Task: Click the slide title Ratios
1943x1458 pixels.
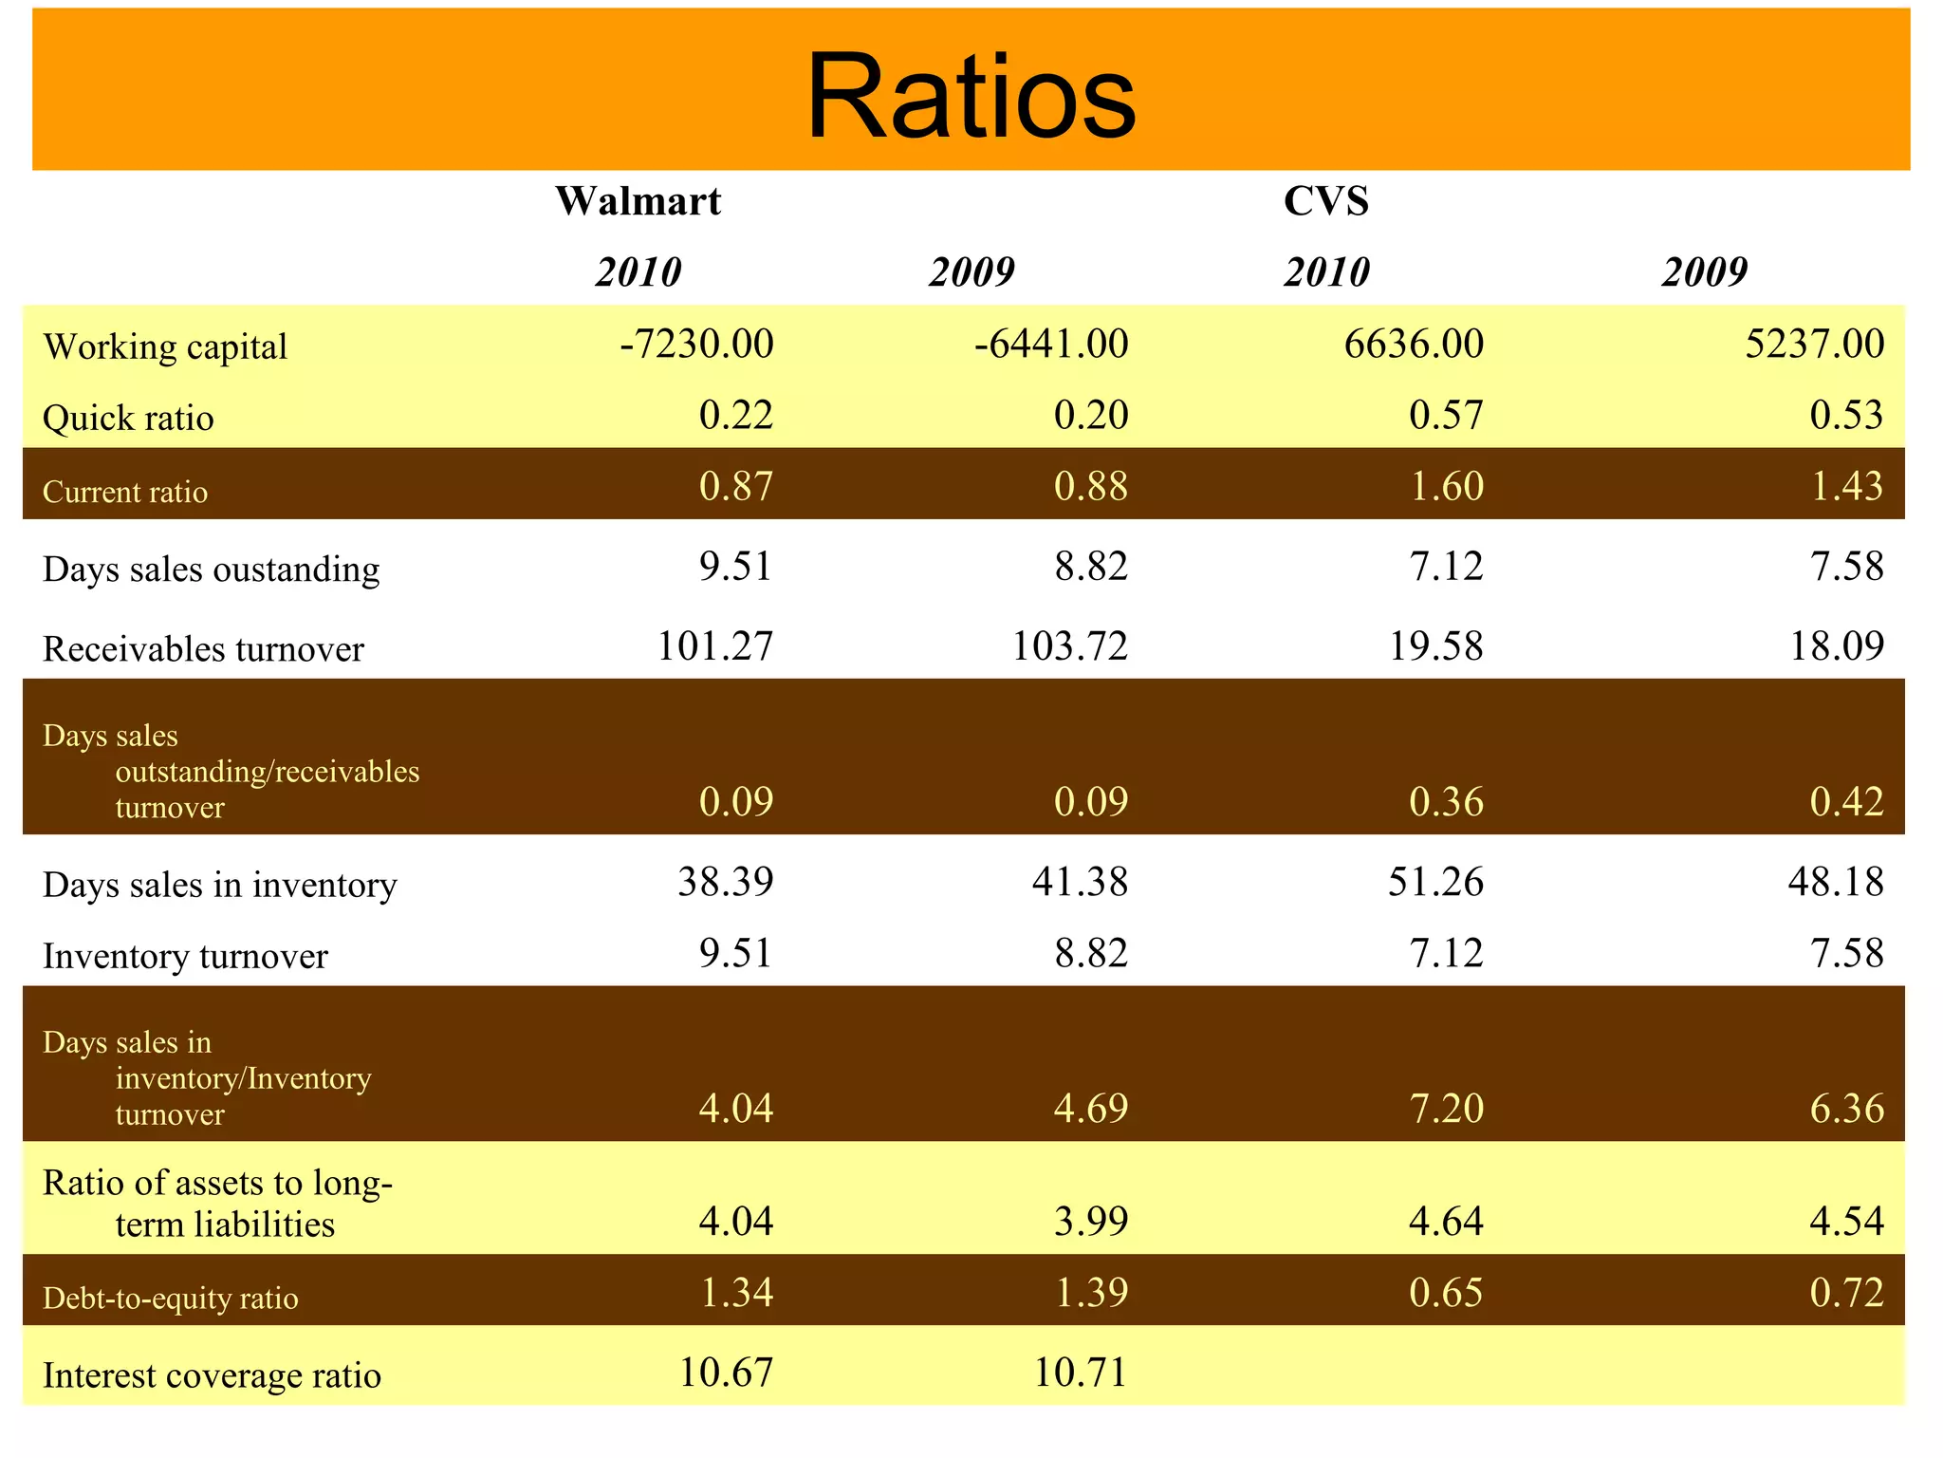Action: [x=971, y=97]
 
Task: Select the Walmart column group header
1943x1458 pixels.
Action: [x=638, y=201]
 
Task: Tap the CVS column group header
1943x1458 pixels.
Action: [x=1326, y=201]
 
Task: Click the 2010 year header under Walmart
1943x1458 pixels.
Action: [x=638, y=272]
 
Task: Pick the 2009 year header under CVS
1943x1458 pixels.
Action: [x=1705, y=272]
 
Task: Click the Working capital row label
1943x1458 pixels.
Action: [x=165, y=347]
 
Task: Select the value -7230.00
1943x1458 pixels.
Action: [x=696, y=344]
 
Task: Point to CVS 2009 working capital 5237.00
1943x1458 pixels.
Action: [x=1814, y=344]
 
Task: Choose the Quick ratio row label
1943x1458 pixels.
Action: [x=129, y=419]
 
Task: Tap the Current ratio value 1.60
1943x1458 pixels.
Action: [x=1447, y=486]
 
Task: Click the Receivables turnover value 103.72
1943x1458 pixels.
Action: [x=1070, y=646]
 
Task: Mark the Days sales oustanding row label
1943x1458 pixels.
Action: [x=212, y=570]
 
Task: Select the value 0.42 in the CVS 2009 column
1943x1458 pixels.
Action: [x=1846, y=802]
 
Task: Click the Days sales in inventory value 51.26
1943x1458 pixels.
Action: [x=1435, y=882]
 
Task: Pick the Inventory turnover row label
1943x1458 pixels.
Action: [x=186, y=956]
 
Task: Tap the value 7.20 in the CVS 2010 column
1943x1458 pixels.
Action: [x=1447, y=1109]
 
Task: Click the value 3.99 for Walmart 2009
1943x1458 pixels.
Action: [x=1091, y=1221]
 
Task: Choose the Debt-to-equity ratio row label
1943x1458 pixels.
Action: [x=171, y=1299]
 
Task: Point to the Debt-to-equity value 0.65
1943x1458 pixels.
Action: [x=1447, y=1293]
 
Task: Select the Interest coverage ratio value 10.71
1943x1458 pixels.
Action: [x=1081, y=1373]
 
